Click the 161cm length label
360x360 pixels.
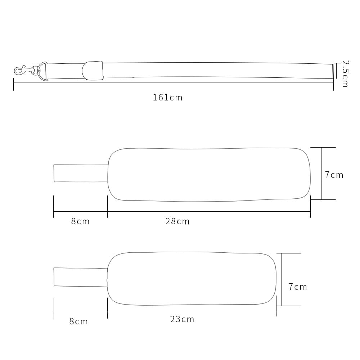pos(168,98)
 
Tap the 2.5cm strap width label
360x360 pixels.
pos(345,74)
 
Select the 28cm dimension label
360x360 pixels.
pos(177,221)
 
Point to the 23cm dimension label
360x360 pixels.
pos(182,319)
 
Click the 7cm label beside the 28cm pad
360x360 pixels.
pos(334,175)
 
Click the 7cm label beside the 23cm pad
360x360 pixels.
pos(298,287)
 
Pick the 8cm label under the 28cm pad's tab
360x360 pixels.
pos(80,221)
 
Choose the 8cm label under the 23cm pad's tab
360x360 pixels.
pos(78,321)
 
